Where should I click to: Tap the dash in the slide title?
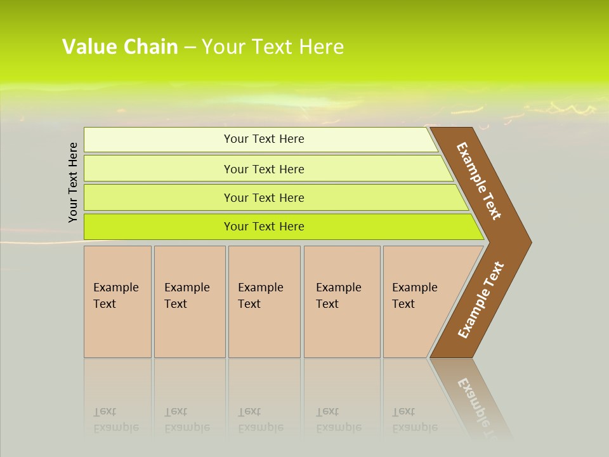pyautogui.click(x=190, y=48)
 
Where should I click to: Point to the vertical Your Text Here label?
pyautogui.click(x=73, y=183)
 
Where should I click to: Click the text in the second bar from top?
pyautogui.click(x=264, y=169)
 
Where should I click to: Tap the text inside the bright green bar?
pyautogui.click(x=264, y=227)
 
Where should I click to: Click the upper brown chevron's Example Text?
pyautogui.click(x=479, y=181)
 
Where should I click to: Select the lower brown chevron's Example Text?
pyautogui.click(x=480, y=300)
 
